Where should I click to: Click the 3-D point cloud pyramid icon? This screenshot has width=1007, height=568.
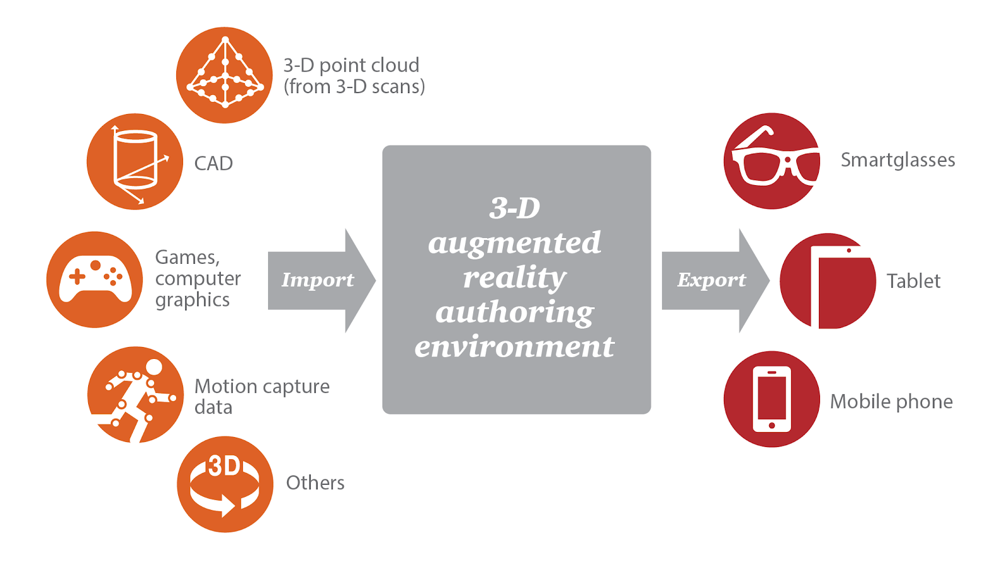[224, 75]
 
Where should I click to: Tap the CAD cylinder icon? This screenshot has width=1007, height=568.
[135, 161]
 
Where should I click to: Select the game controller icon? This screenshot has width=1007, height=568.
[95, 280]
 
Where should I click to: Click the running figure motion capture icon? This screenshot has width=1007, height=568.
[135, 395]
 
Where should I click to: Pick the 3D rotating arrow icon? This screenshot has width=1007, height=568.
[225, 484]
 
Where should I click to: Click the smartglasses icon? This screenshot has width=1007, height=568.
[772, 161]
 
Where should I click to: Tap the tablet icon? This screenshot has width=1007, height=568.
[828, 281]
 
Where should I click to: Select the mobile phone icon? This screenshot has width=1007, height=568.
[772, 399]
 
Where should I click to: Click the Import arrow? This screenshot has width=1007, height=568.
[322, 281]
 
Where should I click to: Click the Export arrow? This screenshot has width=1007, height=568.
[716, 281]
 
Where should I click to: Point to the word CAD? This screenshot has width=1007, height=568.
[213, 164]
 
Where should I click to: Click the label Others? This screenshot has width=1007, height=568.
[315, 483]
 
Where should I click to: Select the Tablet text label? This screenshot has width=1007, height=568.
[913, 281]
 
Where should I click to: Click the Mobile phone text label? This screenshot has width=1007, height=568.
[891, 402]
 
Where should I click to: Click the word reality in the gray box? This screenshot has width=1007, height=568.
[515, 278]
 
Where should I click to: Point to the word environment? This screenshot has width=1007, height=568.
[515, 347]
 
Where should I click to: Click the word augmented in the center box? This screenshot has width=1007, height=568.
[515, 243]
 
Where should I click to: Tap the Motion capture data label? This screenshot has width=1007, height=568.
[262, 397]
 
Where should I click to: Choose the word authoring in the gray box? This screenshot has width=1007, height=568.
[515, 312]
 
